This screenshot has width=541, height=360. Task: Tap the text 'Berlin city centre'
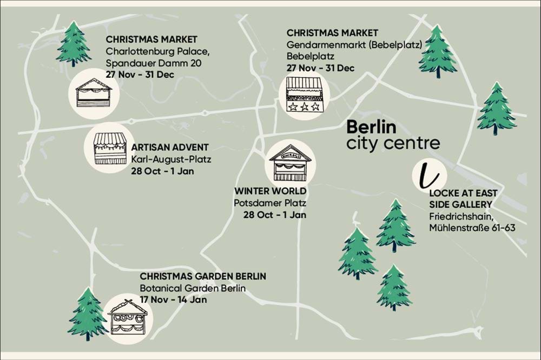(393, 135)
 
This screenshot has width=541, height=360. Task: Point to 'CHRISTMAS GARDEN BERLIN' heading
(203, 276)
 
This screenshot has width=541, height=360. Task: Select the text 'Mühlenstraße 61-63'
(472, 228)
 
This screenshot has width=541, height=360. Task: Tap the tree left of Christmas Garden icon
(87, 314)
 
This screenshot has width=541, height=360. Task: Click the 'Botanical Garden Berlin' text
(193, 288)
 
